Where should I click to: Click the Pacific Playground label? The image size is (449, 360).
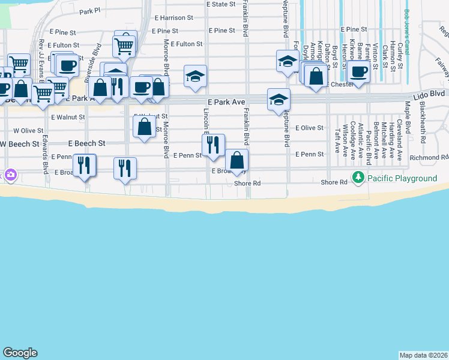402,178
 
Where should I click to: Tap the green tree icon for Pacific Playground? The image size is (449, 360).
358,178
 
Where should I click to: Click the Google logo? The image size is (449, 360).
20,353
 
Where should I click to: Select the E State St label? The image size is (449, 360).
221,4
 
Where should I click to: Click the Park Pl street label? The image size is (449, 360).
89,11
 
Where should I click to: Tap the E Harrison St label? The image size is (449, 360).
173,18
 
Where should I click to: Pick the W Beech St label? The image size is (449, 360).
20,144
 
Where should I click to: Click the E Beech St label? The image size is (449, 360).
86,144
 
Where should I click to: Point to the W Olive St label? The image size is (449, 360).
25,130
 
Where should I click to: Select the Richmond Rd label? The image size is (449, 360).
429,158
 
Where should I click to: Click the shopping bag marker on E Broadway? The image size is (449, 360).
237,160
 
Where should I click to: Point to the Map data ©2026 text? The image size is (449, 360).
424,355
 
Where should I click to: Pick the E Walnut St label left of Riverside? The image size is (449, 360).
65,117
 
